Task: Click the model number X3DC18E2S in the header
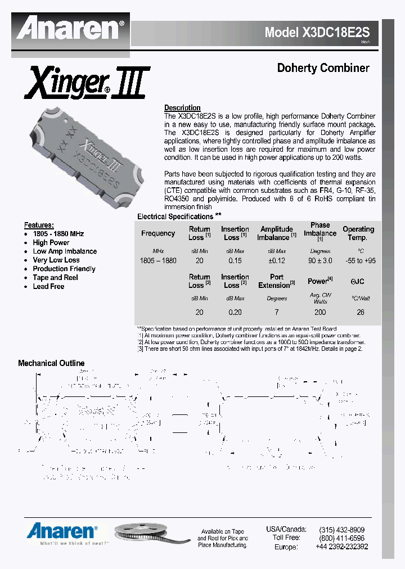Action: click(x=321, y=33)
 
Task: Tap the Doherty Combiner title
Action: click(x=323, y=68)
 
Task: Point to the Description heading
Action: click(x=182, y=107)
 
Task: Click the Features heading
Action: click(x=39, y=224)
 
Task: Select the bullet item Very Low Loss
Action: click(x=56, y=260)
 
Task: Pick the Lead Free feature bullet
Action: click(x=48, y=286)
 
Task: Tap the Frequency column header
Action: click(x=158, y=233)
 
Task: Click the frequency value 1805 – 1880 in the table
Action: click(x=158, y=261)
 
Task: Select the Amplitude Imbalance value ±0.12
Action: click(x=276, y=261)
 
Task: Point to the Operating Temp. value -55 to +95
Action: click(x=359, y=261)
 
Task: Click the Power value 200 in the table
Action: click(x=320, y=312)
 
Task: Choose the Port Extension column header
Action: click(x=277, y=281)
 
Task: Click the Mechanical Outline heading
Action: click(x=51, y=363)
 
